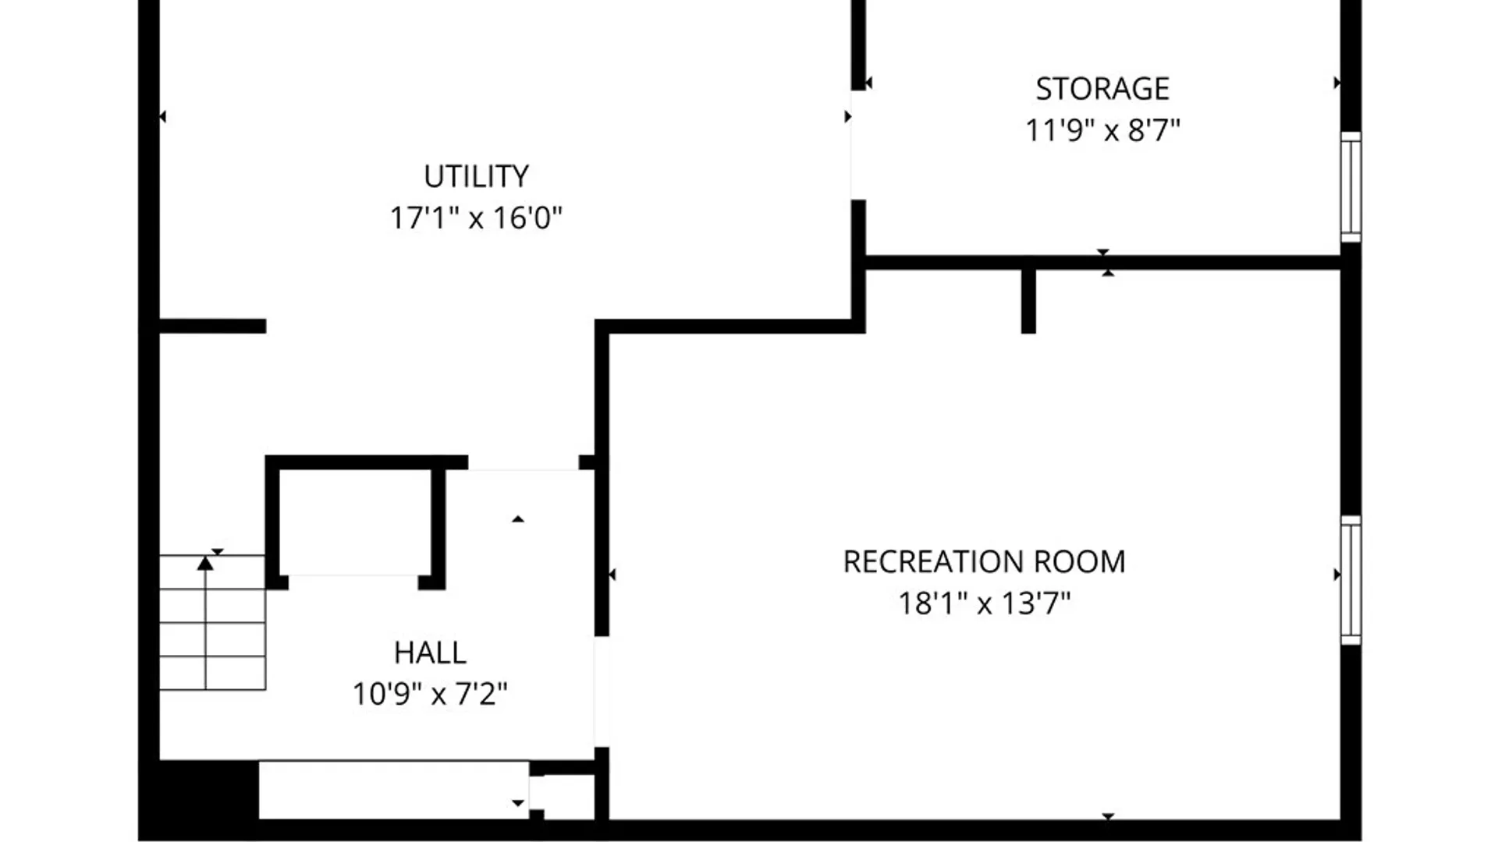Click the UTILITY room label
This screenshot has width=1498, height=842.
pos(476,176)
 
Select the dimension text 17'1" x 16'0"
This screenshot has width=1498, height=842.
pos(476,218)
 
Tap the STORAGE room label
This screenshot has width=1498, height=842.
pos(1102,89)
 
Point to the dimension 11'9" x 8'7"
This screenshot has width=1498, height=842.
pos(1102,130)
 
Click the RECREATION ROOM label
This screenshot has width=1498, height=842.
pos(984,562)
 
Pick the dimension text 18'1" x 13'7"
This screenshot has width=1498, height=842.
pos(984,603)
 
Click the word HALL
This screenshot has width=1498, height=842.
pos(430,653)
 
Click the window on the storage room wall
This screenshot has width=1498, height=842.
pos(1351,187)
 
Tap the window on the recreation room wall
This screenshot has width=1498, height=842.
pos(1351,580)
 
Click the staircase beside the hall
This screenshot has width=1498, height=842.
pos(212,622)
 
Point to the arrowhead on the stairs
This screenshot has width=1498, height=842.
pos(205,563)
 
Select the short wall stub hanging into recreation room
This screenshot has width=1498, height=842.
pos(1028,302)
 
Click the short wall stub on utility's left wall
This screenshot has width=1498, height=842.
pos(212,326)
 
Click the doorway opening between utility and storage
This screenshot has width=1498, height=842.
pos(857,145)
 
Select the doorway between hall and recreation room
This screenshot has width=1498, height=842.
pos(601,692)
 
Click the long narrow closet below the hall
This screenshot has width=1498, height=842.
pos(394,789)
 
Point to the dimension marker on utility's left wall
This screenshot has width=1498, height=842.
pos(163,117)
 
